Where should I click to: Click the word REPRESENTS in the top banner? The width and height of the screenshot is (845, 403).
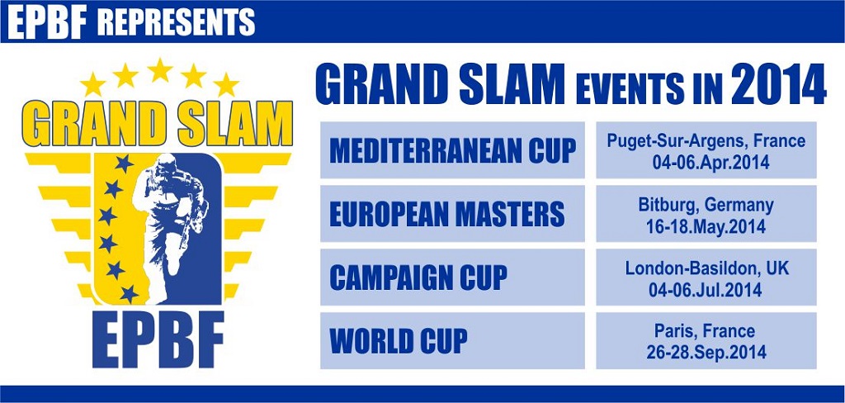pos(176,22)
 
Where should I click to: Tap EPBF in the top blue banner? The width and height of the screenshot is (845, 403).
pos(47,22)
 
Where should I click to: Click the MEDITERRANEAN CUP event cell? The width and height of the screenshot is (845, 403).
pos(453,150)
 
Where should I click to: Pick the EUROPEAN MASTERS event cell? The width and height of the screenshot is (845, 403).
pos(453,214)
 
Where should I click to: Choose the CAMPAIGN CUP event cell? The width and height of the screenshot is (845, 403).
pos(453,277)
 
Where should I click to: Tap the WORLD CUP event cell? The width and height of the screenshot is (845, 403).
pos(453,340)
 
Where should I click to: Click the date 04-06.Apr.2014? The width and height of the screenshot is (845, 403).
pos(706,163)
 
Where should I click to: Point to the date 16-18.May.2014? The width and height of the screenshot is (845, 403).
pos(706,226)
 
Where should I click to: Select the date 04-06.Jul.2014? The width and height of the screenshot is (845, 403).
pos(706,290)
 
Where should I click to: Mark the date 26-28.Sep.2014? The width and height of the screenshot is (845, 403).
pos(706,353)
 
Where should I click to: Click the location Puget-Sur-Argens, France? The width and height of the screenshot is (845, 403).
pos(706,141)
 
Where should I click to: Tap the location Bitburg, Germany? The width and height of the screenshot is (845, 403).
pos(706,206)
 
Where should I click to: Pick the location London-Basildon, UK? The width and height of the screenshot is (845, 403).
pos(706,268)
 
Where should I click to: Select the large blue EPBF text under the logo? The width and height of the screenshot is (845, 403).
pos(158,339)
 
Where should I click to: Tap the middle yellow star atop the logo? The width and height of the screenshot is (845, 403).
pos(160,71)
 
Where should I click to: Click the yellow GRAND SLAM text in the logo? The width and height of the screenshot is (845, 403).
pos(158,124)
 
